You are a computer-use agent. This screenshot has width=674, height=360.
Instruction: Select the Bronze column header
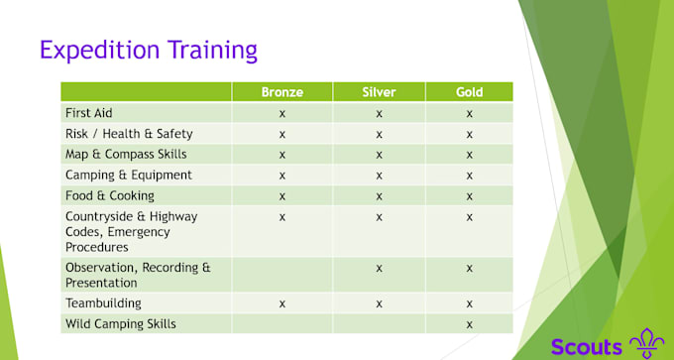click(x=281, y=92)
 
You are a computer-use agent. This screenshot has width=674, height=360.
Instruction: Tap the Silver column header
click(x=379, y=92)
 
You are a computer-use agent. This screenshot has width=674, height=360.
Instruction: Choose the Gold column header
click(x=469, y=92)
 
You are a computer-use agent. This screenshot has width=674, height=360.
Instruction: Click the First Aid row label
click(x=88, y=113)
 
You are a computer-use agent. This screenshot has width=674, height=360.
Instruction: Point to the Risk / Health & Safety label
click(x=129, y=134)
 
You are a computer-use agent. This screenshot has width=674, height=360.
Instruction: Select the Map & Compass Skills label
click(x=125, y=155)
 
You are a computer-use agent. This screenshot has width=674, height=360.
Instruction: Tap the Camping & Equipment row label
click(x=128, y=176)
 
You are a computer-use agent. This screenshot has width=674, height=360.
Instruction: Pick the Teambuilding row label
click(x=103, y=303)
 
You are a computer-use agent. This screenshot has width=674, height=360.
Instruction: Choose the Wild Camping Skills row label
click(x=121, y=324)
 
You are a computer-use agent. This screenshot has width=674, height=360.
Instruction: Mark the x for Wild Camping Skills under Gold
click(x=469, y=324)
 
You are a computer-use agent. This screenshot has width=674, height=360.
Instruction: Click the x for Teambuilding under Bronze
click(x=281, y=303)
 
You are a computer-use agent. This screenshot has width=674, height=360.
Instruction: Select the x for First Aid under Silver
click(x=379, y=113)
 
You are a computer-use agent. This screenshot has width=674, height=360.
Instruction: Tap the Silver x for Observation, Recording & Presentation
click(x=379, y=268)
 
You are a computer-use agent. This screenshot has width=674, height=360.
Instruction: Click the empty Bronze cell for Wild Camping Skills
click(x=281, y=324)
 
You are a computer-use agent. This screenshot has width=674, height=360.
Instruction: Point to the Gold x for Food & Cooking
click(x=469, y=195)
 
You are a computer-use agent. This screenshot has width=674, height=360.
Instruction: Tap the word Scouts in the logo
click(x=587, y=346)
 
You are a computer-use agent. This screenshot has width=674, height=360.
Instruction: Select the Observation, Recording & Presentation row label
click(x=138, y=275)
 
